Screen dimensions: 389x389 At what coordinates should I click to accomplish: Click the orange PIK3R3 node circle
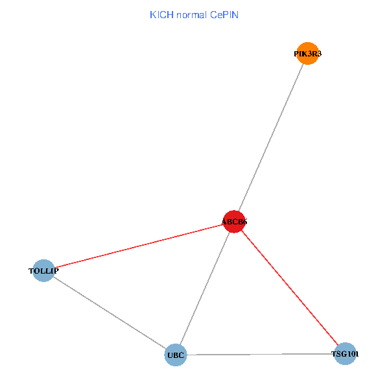click(x=307, y=54)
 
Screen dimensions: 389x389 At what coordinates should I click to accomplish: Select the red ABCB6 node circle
click(x=233, y=222)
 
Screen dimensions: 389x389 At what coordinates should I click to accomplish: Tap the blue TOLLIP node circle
click(x=43, y=270)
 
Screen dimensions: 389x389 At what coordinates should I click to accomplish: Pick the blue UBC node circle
click(x=176, y=355)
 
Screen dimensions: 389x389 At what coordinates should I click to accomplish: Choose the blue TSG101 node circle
click(x=345, y=354)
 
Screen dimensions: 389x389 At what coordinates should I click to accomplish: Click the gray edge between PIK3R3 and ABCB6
click(x=270, y=137)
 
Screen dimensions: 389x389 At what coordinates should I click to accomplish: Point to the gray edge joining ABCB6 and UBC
click(x=204, y=289)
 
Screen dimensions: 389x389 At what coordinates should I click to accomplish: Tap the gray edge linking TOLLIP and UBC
click(x=110, y=312)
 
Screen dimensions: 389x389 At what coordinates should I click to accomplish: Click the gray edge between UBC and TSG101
click(x=260, y=355)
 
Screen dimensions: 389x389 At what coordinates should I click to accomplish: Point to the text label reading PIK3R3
click(x=307, y=54)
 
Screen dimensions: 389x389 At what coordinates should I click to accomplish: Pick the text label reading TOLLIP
click(x=43, y=270)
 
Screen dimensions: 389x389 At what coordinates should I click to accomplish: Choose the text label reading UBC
click(x=176, y=355)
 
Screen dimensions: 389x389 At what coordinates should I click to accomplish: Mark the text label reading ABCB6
click(x=234, y=222)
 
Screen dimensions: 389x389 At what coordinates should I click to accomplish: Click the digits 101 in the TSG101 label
click(x=353, y=354)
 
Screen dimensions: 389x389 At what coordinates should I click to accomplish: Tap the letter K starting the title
click(x=152, y=14)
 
